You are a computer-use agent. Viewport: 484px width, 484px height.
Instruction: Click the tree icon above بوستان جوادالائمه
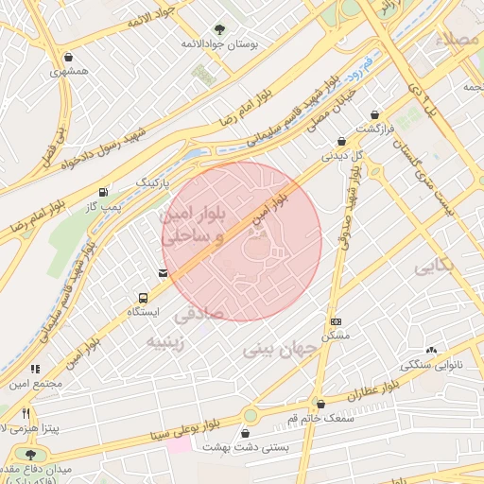click(220, 29)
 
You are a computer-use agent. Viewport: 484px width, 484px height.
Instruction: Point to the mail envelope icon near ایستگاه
click(164, 274)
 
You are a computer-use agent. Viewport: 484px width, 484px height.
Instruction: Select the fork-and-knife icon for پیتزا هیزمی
click(26, 413)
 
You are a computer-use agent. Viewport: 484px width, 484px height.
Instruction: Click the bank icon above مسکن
click(336, 322)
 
